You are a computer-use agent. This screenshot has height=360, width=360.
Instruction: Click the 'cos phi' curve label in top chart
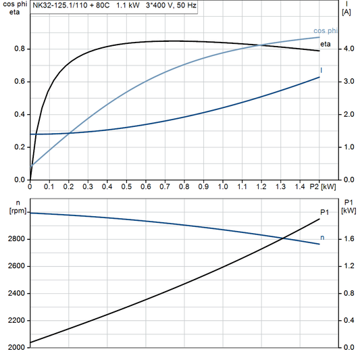pos(326,31)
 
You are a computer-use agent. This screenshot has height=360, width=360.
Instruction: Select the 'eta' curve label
pos(325,44)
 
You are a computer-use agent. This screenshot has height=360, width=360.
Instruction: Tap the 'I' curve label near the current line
pos(322,70)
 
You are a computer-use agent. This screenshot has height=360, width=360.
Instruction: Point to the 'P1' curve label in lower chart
pos(325,212)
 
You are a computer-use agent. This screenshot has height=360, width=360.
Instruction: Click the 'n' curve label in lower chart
pos(322,237)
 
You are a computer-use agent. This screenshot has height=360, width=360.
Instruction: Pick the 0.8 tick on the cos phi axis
pos(20,49)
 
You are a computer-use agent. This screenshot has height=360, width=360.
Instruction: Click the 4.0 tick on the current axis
pos(348,49)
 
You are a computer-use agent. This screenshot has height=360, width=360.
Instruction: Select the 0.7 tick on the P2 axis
pos(165,186)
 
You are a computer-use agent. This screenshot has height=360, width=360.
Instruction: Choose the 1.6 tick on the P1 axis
pos(348,239)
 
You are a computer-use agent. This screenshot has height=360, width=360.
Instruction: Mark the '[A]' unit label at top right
pos(346,12)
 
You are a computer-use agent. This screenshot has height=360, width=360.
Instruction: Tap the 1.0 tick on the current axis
pos(348,147)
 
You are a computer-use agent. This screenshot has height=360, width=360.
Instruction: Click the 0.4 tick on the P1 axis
pos(348,320)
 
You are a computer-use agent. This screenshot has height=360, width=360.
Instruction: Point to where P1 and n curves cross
pos(282,237)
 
